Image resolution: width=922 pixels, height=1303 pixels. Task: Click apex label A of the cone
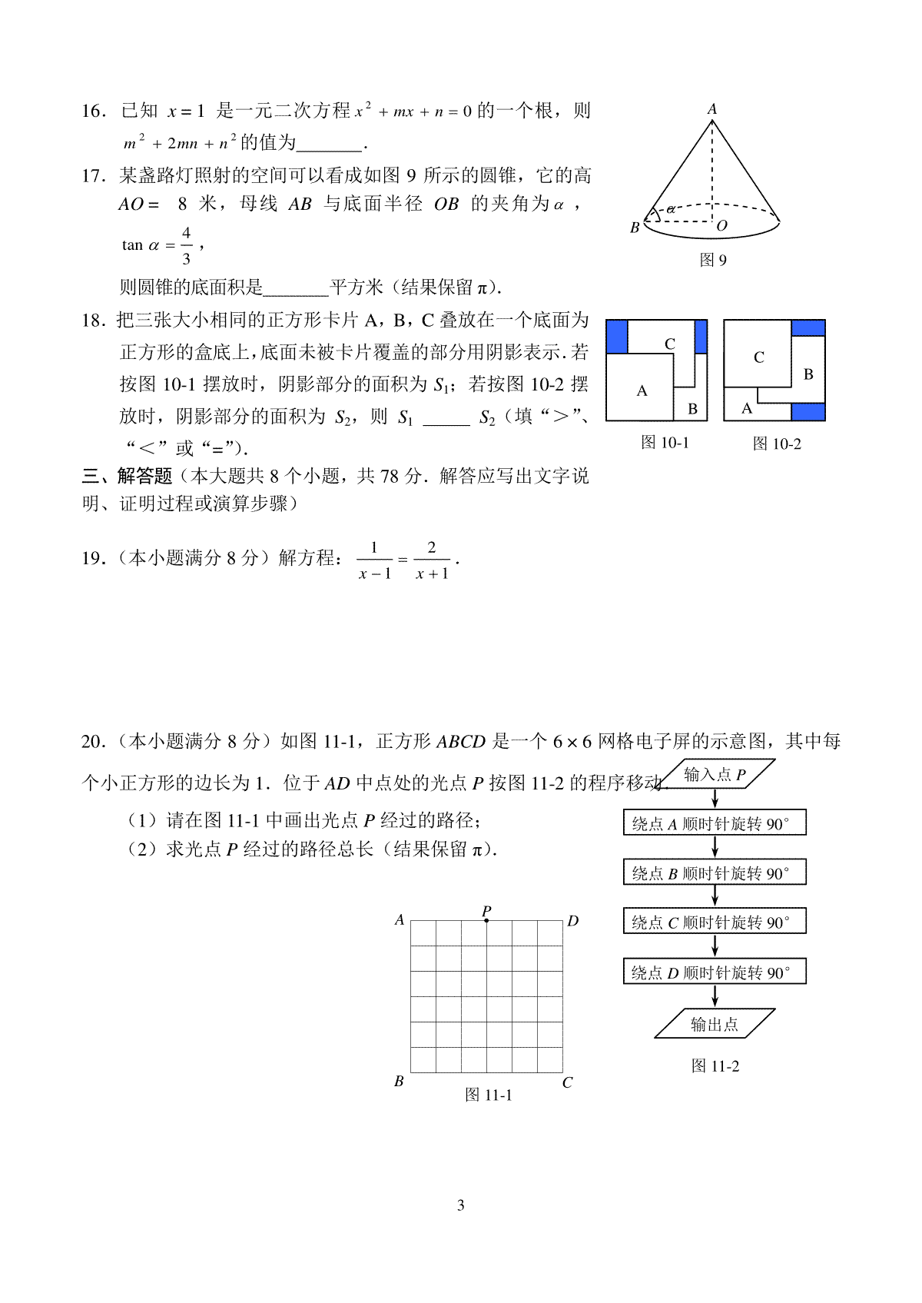tap(712, 109)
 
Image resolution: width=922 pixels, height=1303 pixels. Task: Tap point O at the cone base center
tap(721, 226)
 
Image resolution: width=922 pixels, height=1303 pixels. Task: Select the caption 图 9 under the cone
tap(713, 261)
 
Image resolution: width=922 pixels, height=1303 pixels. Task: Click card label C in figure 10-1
tap(670, 344)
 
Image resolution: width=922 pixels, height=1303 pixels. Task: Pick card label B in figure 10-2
tap(808, 374)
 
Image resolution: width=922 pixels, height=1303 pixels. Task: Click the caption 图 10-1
tap(665, 443)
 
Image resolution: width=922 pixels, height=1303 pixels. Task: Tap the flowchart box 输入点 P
tap(715, 775)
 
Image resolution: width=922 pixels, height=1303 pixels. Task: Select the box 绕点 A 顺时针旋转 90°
tap(715, 824)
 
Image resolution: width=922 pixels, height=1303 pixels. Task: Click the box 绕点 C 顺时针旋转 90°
tap(715, 922)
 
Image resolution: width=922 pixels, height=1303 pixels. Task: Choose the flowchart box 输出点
tap(715, 1024)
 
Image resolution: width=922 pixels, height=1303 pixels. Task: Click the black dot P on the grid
tap(486, 920)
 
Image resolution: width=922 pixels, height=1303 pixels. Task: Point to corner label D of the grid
tap(573, 921)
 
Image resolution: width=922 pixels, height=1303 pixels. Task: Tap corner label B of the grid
tap(399, 1082)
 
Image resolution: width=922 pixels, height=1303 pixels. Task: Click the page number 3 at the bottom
tap(461, 1205)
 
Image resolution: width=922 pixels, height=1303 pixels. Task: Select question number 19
tap(93, 559)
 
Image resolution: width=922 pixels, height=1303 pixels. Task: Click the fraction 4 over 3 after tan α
tap(186, 245)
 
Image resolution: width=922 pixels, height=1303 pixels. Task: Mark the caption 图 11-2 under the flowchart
tap(715, 1066)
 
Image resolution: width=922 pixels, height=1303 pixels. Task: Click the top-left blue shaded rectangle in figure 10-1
tap(617, 337)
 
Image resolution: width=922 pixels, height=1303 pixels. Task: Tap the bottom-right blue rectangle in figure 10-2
tap(808, 411)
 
